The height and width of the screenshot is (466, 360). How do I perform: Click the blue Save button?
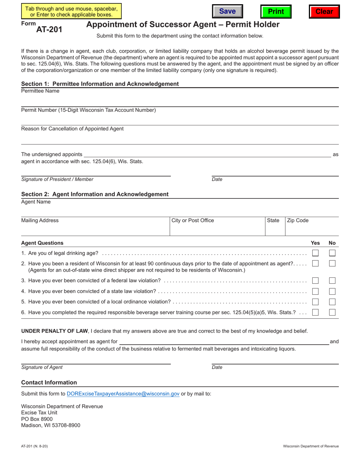[x=227, y=11]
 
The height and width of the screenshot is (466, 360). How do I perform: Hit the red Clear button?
[x=324, y=11]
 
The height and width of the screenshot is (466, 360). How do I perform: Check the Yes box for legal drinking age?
[x=315, y=253]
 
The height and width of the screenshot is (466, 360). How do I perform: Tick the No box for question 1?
[x=332, y=253]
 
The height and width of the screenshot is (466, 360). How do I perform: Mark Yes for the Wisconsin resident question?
[x=315, y=264]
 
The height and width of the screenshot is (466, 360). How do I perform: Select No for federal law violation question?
[x=332, y=281]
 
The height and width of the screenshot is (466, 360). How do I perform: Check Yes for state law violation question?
[x=315, y=291]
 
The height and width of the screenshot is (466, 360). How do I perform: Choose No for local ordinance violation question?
[x=332, y=302]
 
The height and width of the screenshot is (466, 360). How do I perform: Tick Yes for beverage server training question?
[x=315, y=313]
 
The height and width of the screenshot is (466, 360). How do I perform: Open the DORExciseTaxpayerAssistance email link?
[x=123, y=394]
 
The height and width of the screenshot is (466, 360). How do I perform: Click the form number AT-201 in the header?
[x=49, y=29]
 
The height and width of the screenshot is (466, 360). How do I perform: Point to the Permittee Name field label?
[x=40, y=91]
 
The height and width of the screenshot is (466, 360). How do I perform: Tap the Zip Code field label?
[x=298, y=220]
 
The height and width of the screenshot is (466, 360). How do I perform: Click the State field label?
[x=273, y=220]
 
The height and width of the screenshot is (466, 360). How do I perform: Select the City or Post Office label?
[x=193, y=220]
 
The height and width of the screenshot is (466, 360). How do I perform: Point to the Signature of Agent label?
[x=42, y=367]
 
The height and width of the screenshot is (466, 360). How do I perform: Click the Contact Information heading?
[x=49, y=383]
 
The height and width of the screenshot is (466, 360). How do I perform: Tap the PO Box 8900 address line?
[x=37, y=419]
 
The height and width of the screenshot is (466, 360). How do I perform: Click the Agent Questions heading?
[x=42, y=243]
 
